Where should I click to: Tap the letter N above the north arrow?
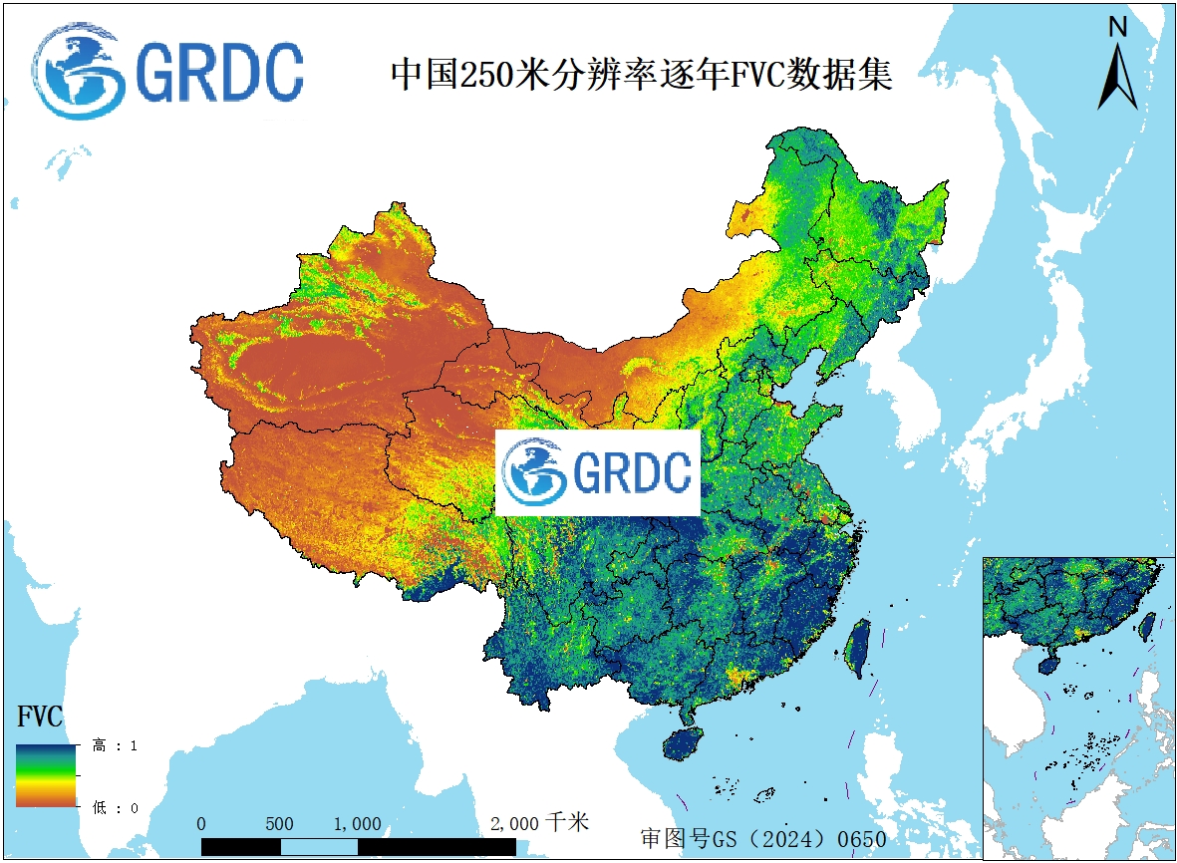click(1118, 28)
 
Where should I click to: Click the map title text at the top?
click(640, 75)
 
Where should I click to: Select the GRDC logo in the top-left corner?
click(167, 71)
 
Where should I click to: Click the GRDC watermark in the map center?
click(598, 473)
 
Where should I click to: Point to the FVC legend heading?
click(40, 717)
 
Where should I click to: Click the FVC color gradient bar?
click(45, 774)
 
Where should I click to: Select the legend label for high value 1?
click(116, 745)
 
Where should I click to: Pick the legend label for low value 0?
click(116, 807)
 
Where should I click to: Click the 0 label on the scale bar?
click(202, 824)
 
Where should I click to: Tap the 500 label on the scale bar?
click(280, 824)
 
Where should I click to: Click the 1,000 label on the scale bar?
click(358, 824)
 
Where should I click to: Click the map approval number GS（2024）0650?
click(763, 839)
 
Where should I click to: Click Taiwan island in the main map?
click(856, 648)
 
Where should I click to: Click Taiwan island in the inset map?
click(1146, 626)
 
